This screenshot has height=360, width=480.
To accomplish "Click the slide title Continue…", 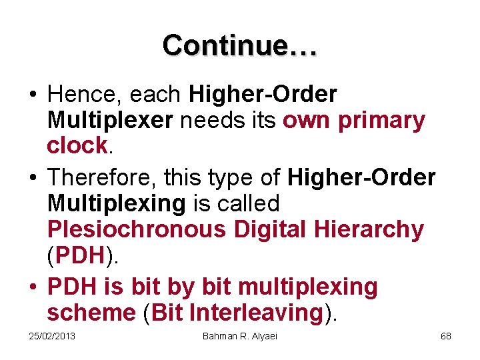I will (x=240, y=45).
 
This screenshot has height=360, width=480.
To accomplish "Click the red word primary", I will (x=381, y=121).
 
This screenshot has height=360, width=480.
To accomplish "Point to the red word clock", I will (x=77, y=145).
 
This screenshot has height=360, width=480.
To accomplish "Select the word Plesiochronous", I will (x=137, y=229).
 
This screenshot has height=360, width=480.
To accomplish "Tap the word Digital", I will (x=271, y=229).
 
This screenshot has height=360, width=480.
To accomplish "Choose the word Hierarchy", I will (x=371, y=229).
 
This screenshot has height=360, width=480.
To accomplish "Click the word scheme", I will (x=92, y=312).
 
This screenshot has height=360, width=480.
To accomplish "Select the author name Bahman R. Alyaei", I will (x=239, y=336).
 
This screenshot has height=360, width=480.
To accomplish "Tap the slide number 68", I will (x=446, y=336).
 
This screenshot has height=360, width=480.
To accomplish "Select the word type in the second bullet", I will (x=237, y=178).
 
